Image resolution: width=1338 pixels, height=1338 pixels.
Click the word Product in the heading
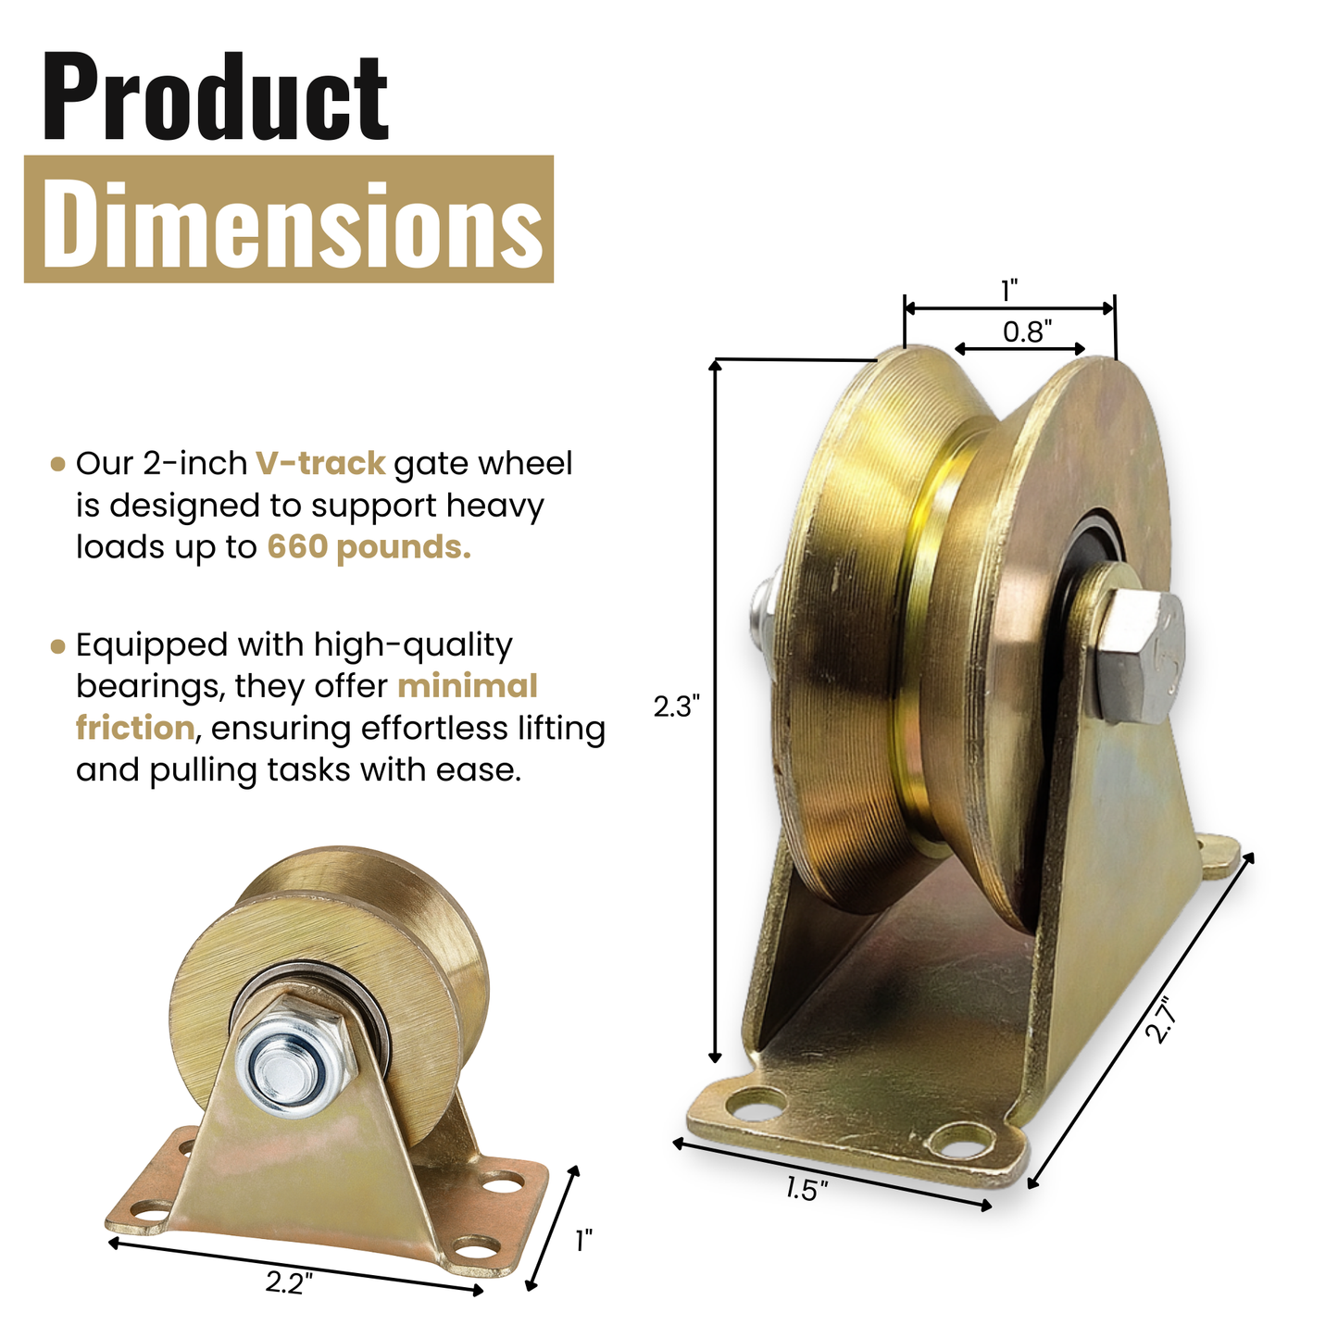215,97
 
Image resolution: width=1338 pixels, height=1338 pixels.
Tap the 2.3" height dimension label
676,707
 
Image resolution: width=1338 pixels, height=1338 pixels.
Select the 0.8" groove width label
1027,331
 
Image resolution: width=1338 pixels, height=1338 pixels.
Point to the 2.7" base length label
1159,1019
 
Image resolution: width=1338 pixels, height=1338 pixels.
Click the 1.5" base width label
807,1189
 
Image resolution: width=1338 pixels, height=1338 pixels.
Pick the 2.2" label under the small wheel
289,1282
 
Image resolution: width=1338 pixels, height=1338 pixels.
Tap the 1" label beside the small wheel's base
583,1241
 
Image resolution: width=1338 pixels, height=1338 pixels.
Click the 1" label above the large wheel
1009,291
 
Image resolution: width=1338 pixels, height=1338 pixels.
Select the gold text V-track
320,463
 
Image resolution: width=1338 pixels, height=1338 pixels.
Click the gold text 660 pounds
369,547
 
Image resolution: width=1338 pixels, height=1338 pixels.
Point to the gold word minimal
468,686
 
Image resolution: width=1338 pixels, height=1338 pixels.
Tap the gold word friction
135,728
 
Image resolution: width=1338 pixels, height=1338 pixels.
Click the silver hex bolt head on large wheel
1140,657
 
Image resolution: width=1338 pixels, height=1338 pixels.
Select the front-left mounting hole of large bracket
757,1104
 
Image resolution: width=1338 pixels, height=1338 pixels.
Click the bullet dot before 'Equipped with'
58,645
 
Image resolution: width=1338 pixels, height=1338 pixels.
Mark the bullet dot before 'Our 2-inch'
58,464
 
